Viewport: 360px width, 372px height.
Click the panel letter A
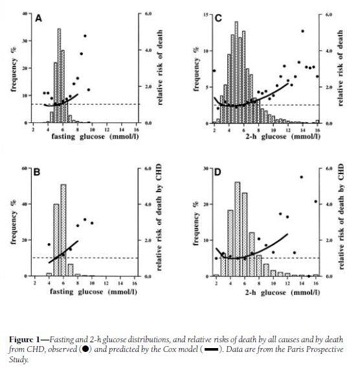click(38, 18)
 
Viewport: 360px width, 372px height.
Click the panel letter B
click(37, 172)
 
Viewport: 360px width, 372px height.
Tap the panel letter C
click(218, 18)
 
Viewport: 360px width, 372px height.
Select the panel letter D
click(218, 172)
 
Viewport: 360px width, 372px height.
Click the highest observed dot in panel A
click(85, 36)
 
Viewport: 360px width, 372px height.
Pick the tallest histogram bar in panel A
click(59, 76)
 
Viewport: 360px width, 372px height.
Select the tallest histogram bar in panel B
click(63, 230)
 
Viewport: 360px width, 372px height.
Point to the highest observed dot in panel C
click(302, 31)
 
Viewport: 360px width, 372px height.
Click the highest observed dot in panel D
click(302, 177)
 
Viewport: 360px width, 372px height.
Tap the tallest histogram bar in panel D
click(238, 229)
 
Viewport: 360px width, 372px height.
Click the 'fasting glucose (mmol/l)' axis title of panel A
click(95, 137)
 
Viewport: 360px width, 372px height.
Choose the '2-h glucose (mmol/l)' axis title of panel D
click(282, 292)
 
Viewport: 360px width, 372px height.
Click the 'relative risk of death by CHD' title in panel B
click(159, 217)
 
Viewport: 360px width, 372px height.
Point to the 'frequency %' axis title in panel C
click(196, 69)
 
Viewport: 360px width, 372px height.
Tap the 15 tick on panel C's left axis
click(206, 15)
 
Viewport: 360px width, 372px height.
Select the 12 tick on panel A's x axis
click(107, 129)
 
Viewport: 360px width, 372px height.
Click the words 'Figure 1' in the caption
click(25, 340)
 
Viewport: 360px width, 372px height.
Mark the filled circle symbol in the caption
click(85, 349)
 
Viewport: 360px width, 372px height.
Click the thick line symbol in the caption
click(211, 349)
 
